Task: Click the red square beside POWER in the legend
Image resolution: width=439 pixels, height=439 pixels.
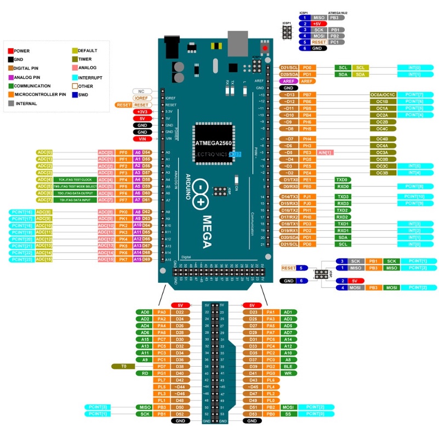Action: [x=11, y=50]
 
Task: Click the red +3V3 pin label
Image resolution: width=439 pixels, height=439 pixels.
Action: [x=142, y=111]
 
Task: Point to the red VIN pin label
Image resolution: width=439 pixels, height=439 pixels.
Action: [x=142, y=139]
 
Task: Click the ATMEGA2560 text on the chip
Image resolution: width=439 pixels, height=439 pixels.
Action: [x=214, y=142]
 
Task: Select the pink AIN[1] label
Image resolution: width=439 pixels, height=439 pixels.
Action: [x=325, y=152]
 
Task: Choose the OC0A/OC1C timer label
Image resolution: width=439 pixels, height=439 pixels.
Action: [x=383, y=95]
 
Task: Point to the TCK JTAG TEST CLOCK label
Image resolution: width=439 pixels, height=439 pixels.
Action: [x=75, y=180]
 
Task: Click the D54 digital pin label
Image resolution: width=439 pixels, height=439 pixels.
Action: [x=146, y=152]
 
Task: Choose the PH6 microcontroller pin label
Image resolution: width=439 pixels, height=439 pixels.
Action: [x=307, y=122]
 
